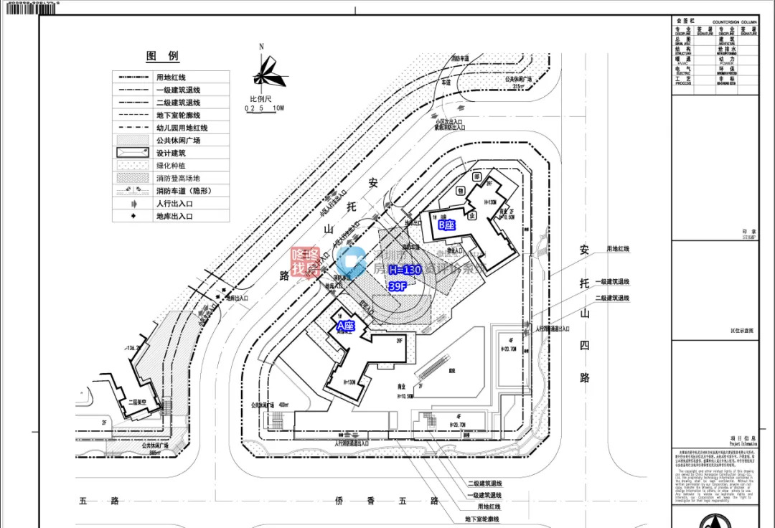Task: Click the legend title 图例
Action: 163,56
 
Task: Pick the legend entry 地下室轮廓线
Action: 178,115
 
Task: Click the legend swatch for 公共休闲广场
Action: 133,140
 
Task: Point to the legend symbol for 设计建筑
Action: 133,153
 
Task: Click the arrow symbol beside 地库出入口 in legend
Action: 133,216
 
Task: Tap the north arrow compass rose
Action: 263,71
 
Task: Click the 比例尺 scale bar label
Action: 260,99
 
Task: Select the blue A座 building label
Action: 346,326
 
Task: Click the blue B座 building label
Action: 446,225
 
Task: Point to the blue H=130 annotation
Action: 404,270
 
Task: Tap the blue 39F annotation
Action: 398,286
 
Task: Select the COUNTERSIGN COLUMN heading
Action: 734,23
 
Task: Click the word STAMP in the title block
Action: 749,236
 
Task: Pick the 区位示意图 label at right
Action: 741,331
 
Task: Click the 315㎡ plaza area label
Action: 520,85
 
